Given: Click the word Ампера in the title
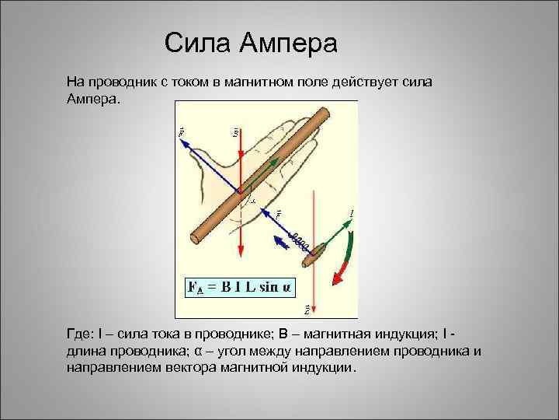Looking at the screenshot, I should [288, 43].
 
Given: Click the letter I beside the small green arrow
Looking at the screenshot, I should [352, 212].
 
